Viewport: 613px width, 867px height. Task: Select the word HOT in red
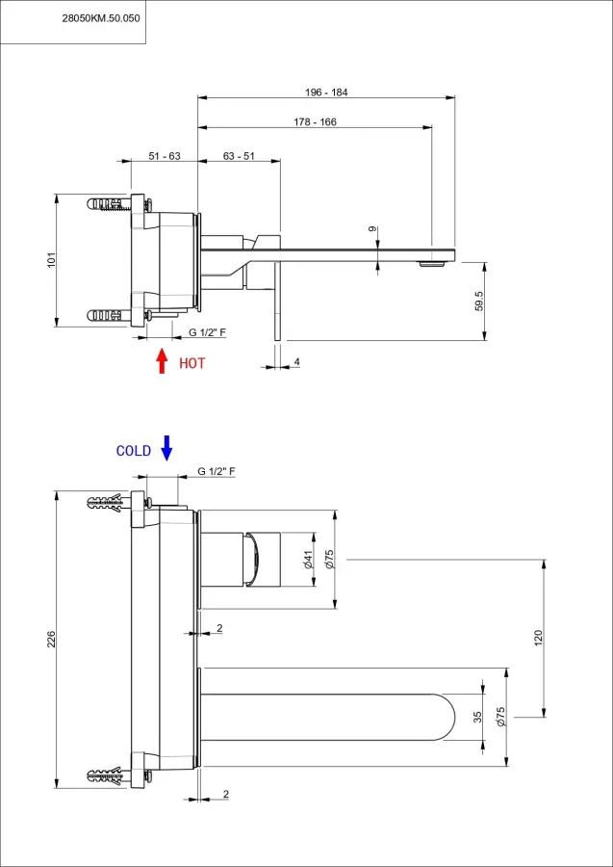192,363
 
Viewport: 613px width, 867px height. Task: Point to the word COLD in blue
134,451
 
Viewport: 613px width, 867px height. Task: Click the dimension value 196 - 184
326,92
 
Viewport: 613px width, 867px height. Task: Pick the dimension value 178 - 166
315,122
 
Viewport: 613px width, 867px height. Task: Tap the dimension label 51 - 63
165,156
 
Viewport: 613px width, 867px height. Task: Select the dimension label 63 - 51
239,156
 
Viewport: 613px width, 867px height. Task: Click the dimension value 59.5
478,300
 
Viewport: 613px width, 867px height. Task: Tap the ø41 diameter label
307,559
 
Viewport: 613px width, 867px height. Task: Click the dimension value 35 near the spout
478,716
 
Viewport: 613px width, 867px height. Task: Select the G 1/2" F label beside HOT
207,332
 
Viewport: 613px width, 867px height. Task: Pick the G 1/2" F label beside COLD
217,471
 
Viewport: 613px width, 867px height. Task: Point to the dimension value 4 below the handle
297,361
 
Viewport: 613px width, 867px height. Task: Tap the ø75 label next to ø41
329,559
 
